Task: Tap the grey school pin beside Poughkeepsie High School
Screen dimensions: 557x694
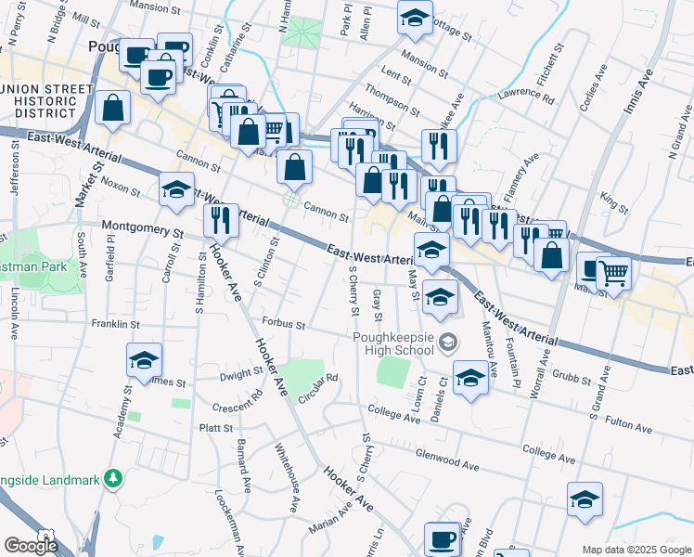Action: pyautogui.click(x=448, y=343)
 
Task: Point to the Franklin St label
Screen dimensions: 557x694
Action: pyautogui.click(x=115, y=324)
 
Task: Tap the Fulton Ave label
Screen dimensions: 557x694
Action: pyautogui.click(x=628, y=425)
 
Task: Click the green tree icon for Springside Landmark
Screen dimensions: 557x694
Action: pyautogui.click(x=113, y=478)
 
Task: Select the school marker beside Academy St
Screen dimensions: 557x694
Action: pyautogui.click(x=144, y=359)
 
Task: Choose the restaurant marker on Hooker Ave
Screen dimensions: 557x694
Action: pyautogui.click(x=221, y=220)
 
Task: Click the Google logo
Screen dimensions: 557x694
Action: pyautogui.click(x=32, y=546)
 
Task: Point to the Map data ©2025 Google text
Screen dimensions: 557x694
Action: pyautogui.click(x=636, y=549)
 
